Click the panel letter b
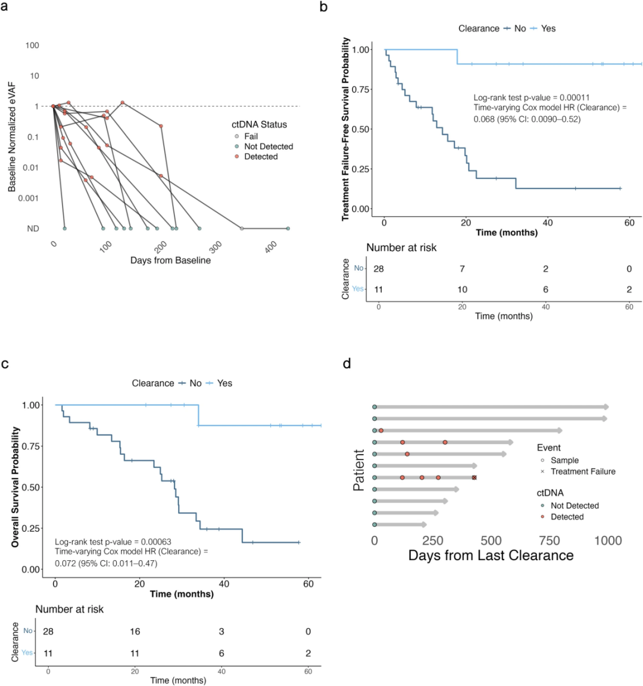click(x=323, y=7)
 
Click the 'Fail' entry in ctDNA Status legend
click(x=251, y=136)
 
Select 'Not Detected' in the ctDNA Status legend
click(x=268, y=147)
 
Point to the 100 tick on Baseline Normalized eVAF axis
click(x=32, y=45)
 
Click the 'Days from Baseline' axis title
click(x=170, y=260)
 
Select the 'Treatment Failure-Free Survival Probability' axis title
click(x=345, y=129)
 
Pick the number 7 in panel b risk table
click(x=462, y=269)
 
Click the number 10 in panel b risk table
click(x=462, y=290)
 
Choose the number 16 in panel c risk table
click(x=135, y=632)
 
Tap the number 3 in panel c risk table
click(x=221, y=632)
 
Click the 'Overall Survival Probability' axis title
click(x=15, y=487)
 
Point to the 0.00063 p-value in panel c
click(x=155, y=542)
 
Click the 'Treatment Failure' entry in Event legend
click(x=582, y=471)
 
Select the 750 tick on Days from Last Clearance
click(x=550, y=541)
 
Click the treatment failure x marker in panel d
click(x=475, y=477)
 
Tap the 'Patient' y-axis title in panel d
click(x=359, y=470)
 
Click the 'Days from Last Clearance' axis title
click(x=491, y=556)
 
